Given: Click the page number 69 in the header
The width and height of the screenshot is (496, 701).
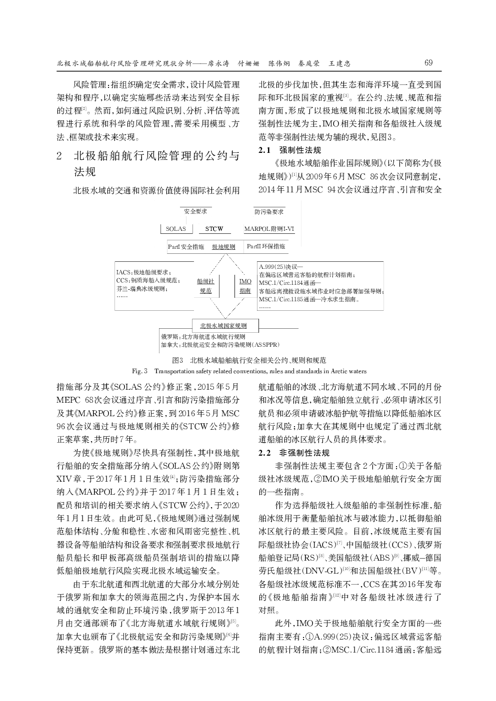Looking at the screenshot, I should (x=428, y=63).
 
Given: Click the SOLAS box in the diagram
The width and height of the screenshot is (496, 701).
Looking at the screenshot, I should (x=175, y=229).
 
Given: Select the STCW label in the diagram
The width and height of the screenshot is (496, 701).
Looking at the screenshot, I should (x=214, y=229).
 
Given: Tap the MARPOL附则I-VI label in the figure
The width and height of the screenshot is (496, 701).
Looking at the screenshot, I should (x=269, y=229).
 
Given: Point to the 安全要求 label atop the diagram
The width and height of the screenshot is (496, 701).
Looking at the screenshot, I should (x=195, y=211).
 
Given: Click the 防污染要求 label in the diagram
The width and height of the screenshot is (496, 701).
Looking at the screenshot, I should (x=269, y=211).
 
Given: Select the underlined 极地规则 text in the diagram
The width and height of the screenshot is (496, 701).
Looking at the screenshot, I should (x=223, y=247).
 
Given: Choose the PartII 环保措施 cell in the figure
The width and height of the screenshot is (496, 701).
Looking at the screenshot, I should (x=266, y=246).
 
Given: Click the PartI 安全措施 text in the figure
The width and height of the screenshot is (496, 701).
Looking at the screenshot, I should (x=185, y=246).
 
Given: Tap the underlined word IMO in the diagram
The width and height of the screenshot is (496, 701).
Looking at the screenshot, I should (x=245, y=282).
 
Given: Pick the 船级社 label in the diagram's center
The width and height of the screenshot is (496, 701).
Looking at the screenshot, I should (x=205, y=282).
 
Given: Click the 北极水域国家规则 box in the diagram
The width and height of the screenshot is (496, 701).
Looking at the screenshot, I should (x=226, y=326).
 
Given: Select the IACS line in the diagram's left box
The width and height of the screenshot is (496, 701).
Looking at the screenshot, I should (x=142, y=272).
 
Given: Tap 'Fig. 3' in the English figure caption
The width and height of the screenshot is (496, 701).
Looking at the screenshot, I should (x=139, y=371).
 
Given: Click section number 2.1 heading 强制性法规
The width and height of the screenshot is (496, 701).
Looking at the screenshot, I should (x=289, y=150).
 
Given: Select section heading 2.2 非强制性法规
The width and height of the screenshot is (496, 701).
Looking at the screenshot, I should (x=293, y=453).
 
